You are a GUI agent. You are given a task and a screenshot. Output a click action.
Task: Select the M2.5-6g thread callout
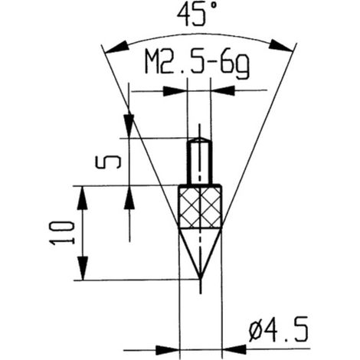[x=197, y=64]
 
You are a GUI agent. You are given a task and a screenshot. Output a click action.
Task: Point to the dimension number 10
[x=63, y=233]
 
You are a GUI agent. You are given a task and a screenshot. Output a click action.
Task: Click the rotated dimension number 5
[x=107, y=162]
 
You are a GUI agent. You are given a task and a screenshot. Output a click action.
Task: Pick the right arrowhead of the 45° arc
[x=281, y=46]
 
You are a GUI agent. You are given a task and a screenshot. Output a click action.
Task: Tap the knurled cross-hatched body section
[x=201, y=207]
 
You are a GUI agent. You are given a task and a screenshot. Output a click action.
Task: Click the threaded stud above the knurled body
[x=200, y=162]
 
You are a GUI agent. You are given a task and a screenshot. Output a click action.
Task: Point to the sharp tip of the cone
[x=201, y=280]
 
